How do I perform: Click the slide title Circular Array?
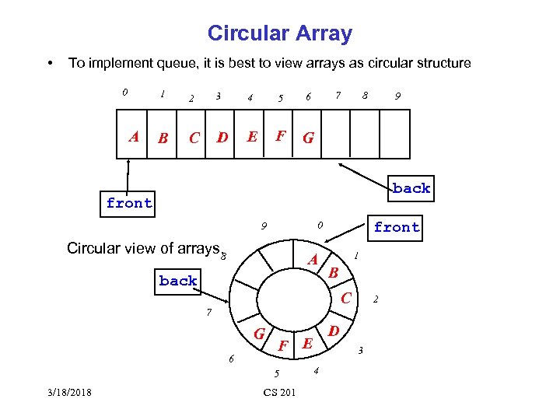pyautogui.click(x=279, y=33)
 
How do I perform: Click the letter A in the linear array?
pyautogui.click(x=134, y=137)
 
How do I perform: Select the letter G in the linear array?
pyautogui.click(x=308, y=138)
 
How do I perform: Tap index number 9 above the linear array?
pyautogui.click(x=397, y=97)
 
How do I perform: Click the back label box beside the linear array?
pyautogui.click(x=411, y=188)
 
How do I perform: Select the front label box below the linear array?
pyautogui.click(x=129, y=204)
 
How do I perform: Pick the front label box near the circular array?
pyautogui.click(x=397, y=228)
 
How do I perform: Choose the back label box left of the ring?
pyautogui.click(x=178, y=281)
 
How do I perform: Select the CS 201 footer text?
pyautogui.click(x=279, y=392)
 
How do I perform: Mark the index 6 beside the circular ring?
pyautogui.click(x=231, y=359)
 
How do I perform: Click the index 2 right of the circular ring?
pyautogui.click(x=376, y=299)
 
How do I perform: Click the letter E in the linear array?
pyautogui.click(x=252, y=137)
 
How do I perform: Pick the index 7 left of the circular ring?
pyautogui.click(x=208, y=313)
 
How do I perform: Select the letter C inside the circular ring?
pyautogui.click(x=348, y=297)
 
